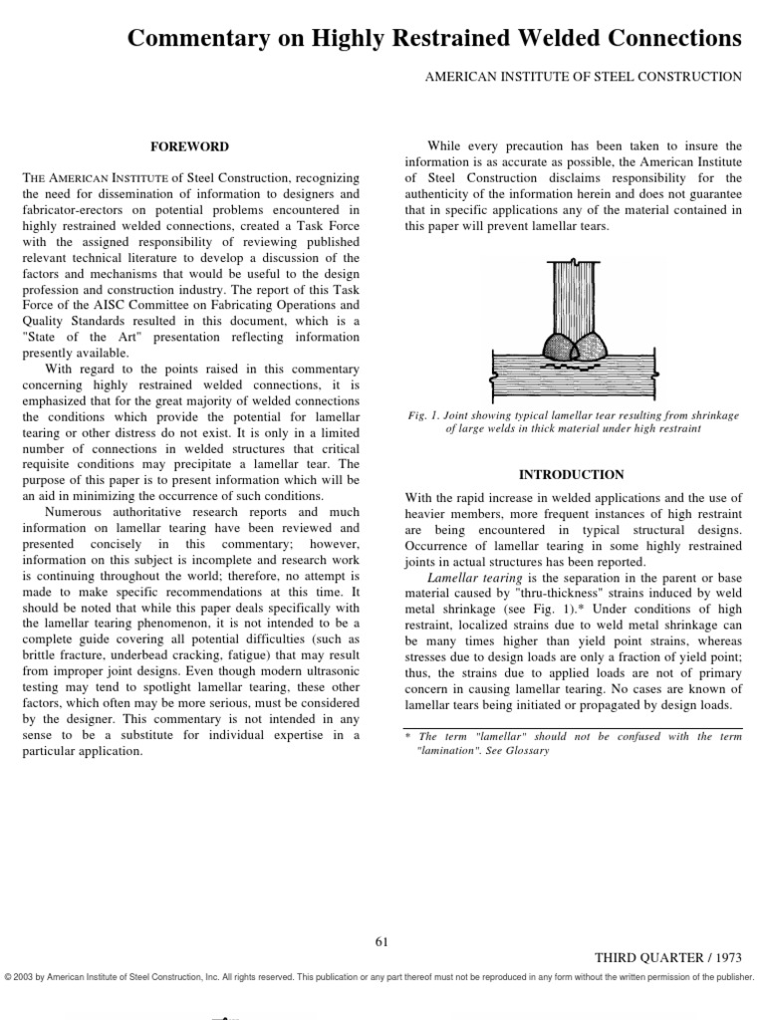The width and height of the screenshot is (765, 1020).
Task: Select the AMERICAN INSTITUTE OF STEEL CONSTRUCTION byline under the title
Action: coord(583,78)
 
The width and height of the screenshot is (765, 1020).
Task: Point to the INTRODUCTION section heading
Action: coord(572,475)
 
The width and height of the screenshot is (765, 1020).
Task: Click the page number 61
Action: coord(382,942)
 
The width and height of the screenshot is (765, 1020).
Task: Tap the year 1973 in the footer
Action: coord(724,955)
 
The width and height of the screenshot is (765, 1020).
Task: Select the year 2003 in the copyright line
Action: coord(25,977)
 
